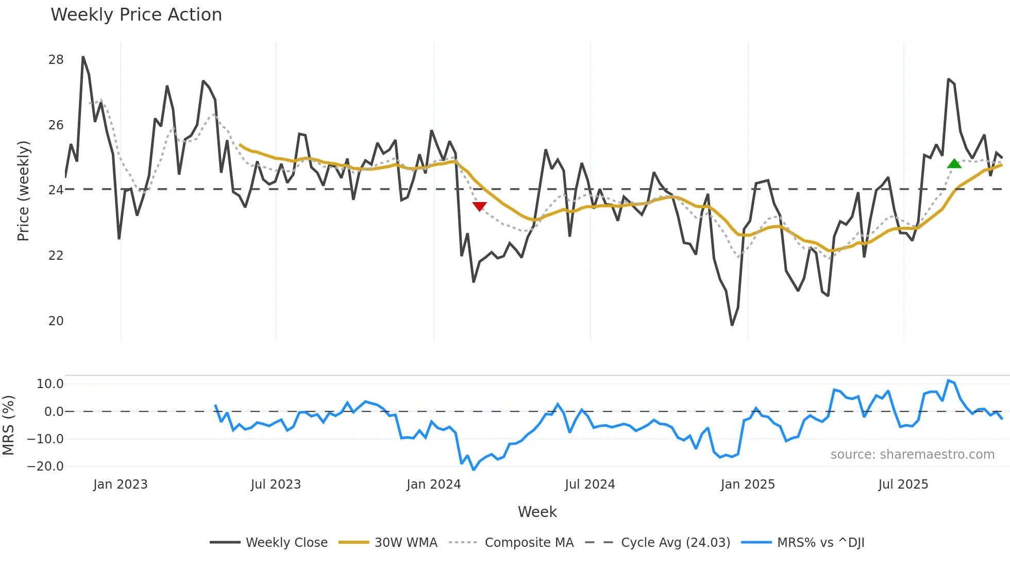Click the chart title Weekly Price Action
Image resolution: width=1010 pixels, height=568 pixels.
pyautogui.click(x=136, y=15)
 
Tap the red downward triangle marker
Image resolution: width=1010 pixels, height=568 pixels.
pyautogui.click(x=479, y=206)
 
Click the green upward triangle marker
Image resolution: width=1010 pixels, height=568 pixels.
pyautogui.click(x=954, y=164)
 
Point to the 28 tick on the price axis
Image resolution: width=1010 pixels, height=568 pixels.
pyautogui.click(x=56, y=60)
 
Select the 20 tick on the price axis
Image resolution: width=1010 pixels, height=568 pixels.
pyautogui.click(x=56, y=321)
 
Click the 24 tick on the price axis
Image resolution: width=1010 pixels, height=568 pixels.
pyautogui.click(x=56, y=190)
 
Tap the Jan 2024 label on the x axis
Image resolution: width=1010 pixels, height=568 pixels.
pyautogui.click(x=433, y=485)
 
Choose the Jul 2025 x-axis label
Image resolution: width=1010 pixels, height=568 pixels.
pyautogui.click(x=903, y=485)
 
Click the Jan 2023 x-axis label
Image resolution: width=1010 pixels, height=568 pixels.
pyautogui.click(x=120, y=485)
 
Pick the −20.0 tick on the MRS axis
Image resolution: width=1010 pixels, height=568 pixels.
pyautogui.click(x=45, y=466)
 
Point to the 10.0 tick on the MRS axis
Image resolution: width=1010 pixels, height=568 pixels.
pyautogui.click(x=50, y=383)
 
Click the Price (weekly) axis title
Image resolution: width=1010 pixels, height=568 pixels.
pyautogui.click(x=23, y=191)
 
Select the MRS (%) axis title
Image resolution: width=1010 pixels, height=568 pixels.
pyautogui.click(x=8, y=425)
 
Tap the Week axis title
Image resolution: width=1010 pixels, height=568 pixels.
pyautogui.click(x=537, y=512)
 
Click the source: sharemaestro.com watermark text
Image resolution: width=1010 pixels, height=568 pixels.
pyautogui.click(x=912, y=455)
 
